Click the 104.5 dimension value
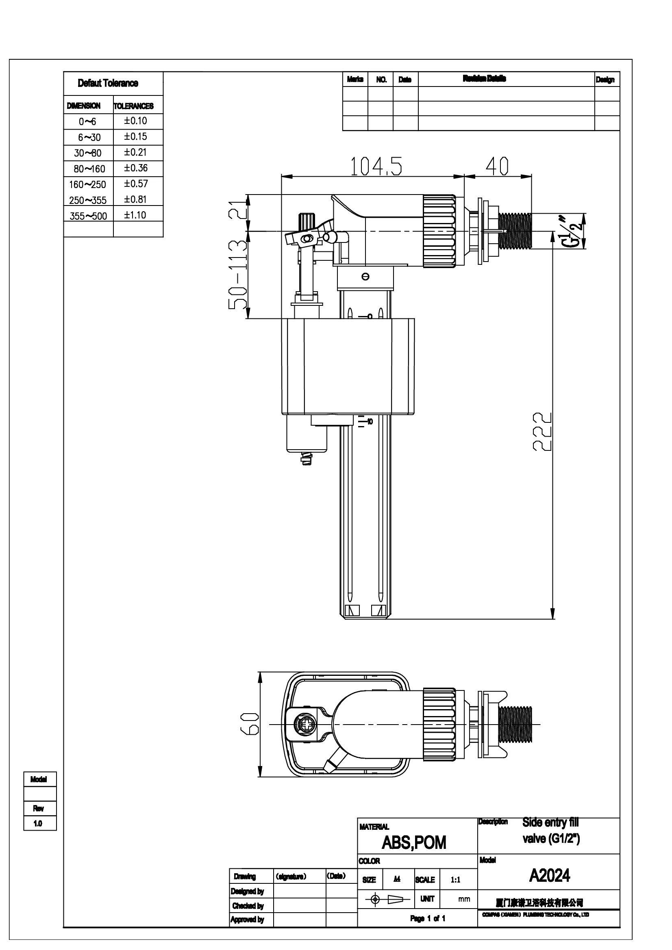376,167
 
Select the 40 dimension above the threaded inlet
497,167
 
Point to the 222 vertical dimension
542,431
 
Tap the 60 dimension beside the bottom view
250,724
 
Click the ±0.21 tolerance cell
135,152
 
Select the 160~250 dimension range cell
87,184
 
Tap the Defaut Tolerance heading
108,83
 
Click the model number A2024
549,876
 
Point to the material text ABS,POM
413,843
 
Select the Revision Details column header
484,79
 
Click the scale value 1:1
455,880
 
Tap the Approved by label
248,920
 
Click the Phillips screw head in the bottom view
305,725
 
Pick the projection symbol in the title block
387,899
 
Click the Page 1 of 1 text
428,919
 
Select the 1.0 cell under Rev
38,823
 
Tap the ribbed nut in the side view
439,231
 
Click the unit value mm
464,899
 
